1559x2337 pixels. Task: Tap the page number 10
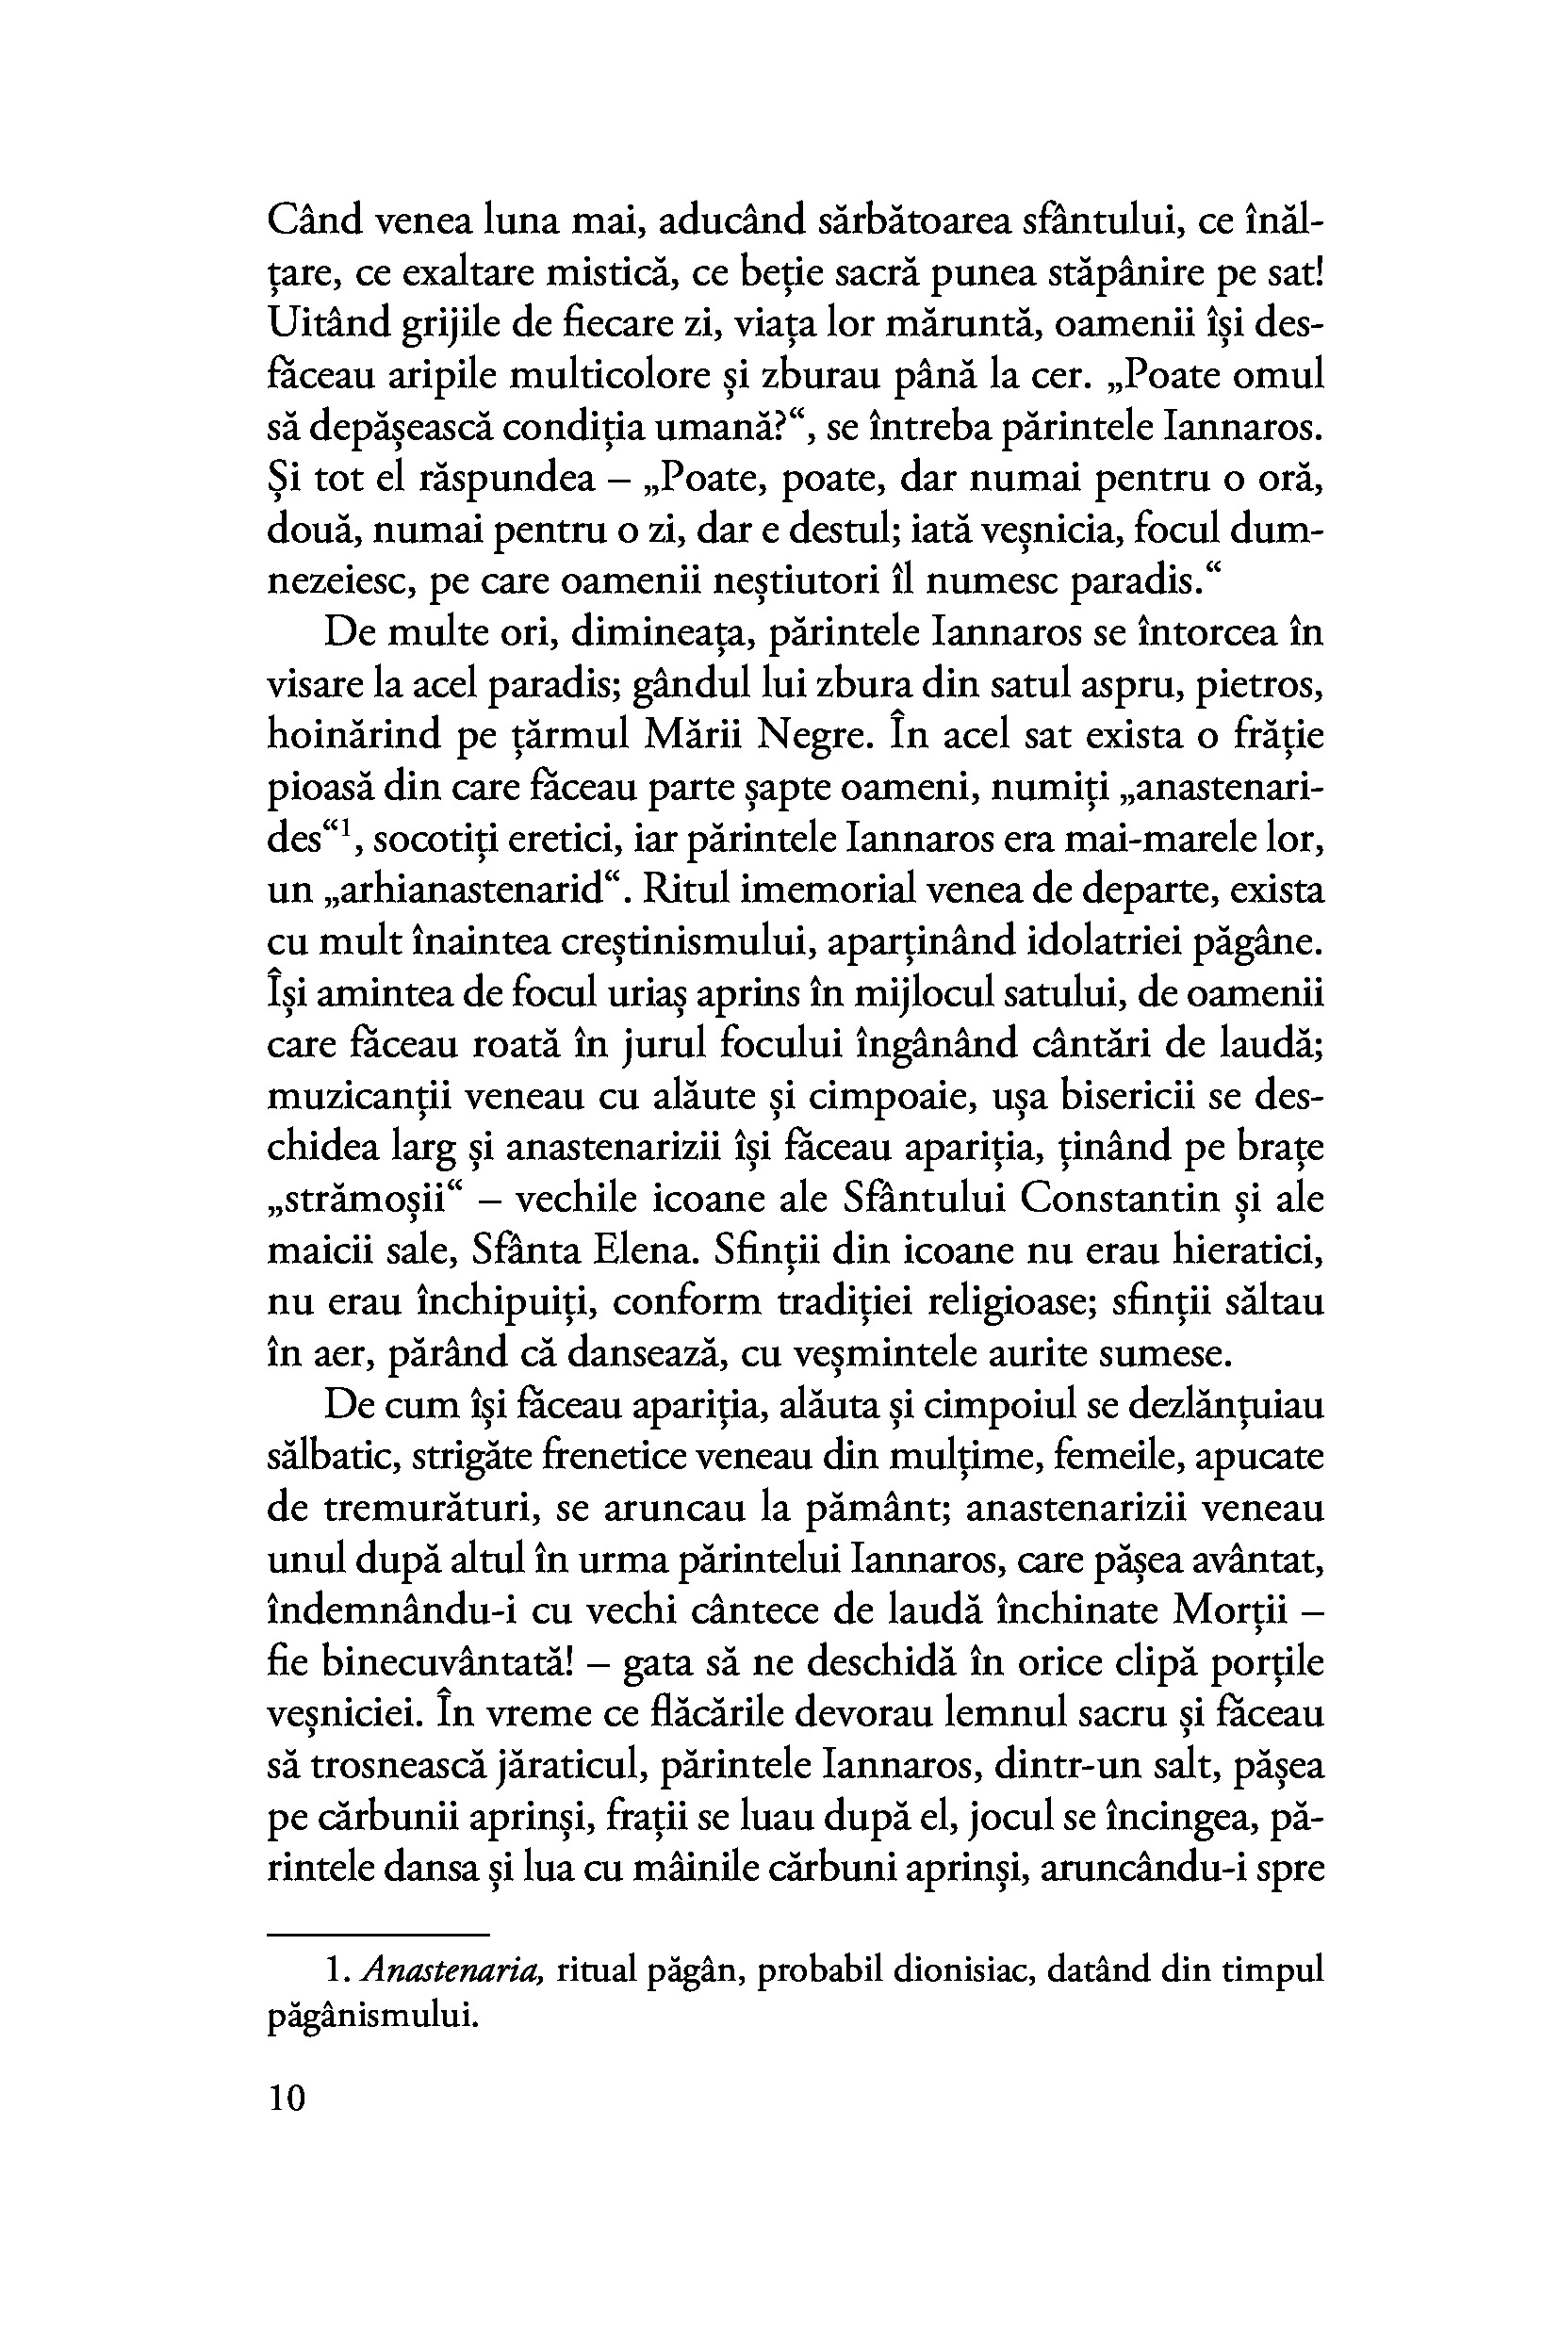coord(287,2100)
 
